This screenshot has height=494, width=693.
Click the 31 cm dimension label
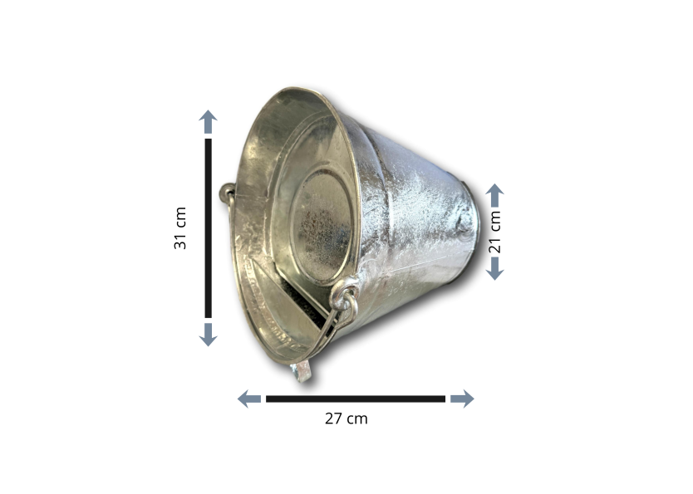point(180,227)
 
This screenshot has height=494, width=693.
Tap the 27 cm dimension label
point(346,418)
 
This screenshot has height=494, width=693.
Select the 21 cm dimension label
point(495,232)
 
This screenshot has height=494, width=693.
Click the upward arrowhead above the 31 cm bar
point(209,122)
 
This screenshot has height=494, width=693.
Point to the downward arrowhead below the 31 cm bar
point(209,335)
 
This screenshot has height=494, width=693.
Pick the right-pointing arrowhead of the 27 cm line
point(462,399)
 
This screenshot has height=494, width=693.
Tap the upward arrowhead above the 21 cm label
point(495,195)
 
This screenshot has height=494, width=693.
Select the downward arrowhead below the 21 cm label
point(495,268)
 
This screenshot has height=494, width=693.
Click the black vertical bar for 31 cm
point(209,227)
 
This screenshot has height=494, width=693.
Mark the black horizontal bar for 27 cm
point(355,399)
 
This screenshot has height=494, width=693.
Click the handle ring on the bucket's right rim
point(346,301)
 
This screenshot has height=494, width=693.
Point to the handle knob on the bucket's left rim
point(226,193)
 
